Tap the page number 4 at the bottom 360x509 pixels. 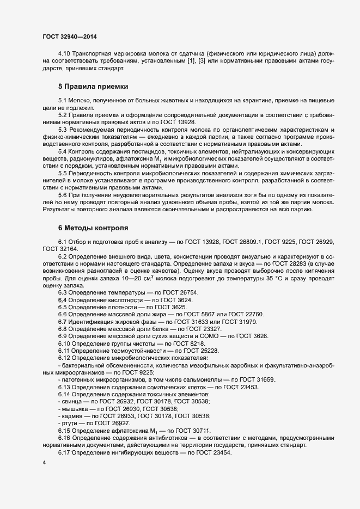pyautogui.click(x=44, y=463)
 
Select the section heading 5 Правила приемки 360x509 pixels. pyautogui.click(x=93, y=87)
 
